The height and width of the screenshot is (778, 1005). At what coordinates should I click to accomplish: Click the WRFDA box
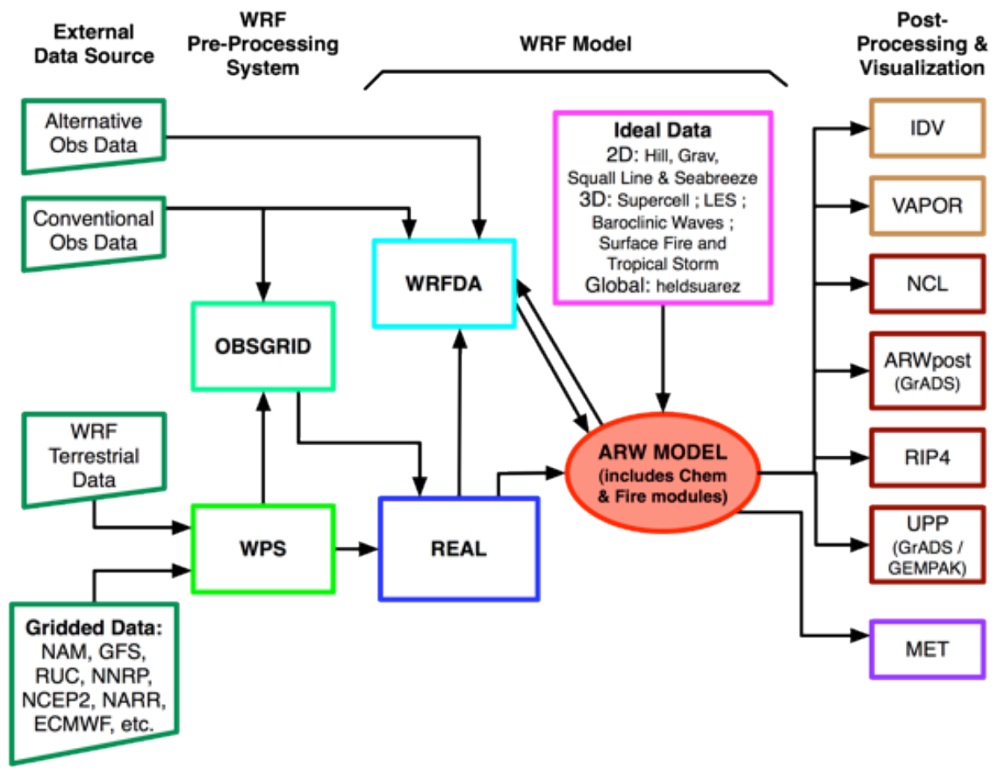pyautogui.click(x=444, y=284)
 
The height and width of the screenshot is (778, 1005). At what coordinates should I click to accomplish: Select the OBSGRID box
pyautogui.click(x=263, y=346)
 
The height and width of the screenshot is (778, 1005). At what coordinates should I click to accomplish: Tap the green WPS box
pyautogui.click(x=263, y=549)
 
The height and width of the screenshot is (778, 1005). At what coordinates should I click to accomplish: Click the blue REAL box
pyautogui.click(x=459, y=549)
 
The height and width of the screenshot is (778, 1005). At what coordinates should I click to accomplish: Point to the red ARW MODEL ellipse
pyautogui.click(x=662, y=473)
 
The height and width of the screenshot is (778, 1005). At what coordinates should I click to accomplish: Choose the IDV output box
pyautogui.click(x=927, y=128)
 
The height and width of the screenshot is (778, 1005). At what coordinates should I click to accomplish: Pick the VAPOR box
pyautogui.click(x=927, y=206)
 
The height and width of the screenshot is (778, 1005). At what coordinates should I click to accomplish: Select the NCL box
pyautogui.click(x=927, y=284)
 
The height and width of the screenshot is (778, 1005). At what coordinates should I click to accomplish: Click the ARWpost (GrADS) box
pyautogui.click(x=927, y=370)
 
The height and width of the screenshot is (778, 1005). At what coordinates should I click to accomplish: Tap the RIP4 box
pyautogui.click(x=927, y=458)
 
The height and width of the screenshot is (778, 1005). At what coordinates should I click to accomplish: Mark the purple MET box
pyautogui.click(x=927, y=649)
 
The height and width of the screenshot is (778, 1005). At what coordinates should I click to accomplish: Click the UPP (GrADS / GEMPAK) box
pyautogui.click(x=927, y=545)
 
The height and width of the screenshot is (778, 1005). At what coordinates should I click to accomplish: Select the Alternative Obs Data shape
pyautogui.click(x=94, y=134)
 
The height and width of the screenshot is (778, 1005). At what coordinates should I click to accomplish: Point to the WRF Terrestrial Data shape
pyautogui.click(x=94, y=457)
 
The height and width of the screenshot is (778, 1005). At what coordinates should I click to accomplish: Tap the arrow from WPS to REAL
pyautogui.click(x=356, y=549)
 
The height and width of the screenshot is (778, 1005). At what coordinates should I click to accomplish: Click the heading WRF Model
pyautogui.click(x=575, y=44)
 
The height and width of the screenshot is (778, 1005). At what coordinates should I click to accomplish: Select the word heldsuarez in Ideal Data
pyautogui.click(x=698, y=286)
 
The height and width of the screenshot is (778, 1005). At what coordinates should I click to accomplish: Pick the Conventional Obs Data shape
pyautogui.click(x=94, y=231)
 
